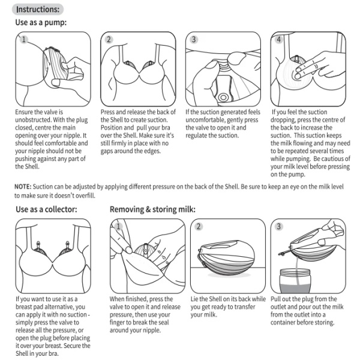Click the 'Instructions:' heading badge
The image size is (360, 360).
[x=38, y=10]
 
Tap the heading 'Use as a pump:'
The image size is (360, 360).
[x=41, y=23]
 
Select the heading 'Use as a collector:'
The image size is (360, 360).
[x=46, y=209]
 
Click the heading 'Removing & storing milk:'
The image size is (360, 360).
[x=152, y=209]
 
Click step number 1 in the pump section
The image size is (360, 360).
[x=23, y=40]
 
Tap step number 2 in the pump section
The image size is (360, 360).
[x=109, y=40]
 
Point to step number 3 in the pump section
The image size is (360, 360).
[x=194, y=40]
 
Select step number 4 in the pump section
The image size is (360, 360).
[x=279, y=40]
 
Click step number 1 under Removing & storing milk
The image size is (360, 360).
[x=118, y=227]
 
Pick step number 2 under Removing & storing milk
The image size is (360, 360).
[x=199, y=227]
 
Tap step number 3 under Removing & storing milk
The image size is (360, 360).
[x=279, y=227]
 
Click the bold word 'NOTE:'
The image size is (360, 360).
[x=23, y=187]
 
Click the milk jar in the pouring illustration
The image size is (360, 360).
[x=295, y=281]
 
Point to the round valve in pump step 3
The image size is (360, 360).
[x=223, y=97]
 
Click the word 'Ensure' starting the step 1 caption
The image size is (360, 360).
[x=24, y=112]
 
